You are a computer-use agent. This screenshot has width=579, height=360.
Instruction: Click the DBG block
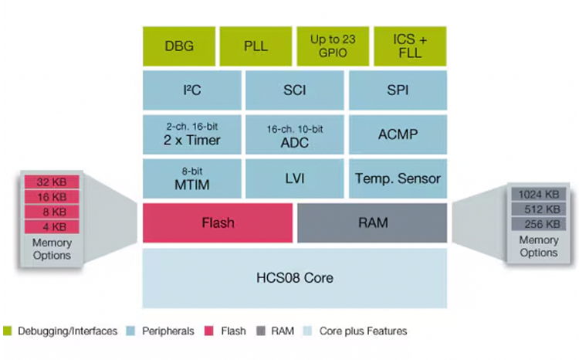coord(179,46)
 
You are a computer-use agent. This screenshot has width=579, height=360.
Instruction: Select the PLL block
coord(256,46)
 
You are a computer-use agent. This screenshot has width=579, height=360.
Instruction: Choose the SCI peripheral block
coord(294,90)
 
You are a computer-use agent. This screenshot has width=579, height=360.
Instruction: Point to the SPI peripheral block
coord(398,90)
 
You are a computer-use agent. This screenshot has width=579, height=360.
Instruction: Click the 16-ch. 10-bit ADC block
coord(294,134)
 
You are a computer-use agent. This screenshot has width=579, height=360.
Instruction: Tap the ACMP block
coord(398,134)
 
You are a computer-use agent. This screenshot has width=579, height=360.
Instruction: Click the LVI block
coord(294,178)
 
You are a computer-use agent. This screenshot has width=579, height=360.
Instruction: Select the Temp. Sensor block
coord(398,178)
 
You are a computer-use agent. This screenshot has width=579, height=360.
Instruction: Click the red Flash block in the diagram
coord(218,223)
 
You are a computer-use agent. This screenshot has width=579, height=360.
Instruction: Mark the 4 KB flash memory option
coord(52,226)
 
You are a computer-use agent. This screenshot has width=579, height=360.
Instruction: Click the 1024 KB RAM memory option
coord(539,195)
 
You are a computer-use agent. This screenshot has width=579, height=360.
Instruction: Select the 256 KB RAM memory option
coord(539,224)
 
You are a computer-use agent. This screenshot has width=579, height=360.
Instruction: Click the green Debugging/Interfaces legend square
coord(7,331)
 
